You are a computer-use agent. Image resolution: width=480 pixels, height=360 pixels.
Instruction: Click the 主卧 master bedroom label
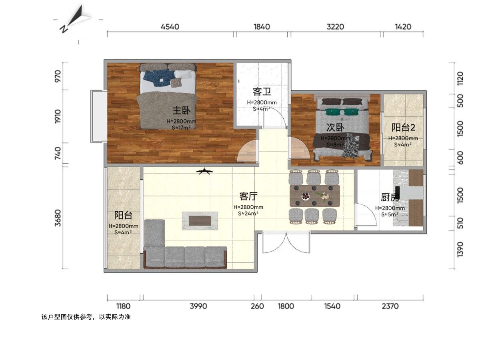[x=181, y=111]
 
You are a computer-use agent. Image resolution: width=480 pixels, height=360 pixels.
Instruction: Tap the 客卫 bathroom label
[x=262, y=92]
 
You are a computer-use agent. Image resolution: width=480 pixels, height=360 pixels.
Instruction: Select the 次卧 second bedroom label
[x=335, y=128]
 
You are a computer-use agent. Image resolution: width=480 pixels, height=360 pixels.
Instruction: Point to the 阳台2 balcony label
[x=403, y=128]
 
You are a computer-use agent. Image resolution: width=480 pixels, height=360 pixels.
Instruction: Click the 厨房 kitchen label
[x=390, y=197]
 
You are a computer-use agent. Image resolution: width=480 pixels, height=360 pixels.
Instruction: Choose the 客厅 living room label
[x=248, y=196]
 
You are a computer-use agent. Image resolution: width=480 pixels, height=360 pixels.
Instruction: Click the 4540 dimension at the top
[x=170, y=27]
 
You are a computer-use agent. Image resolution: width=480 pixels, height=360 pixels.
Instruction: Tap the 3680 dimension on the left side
[x=58, y=218]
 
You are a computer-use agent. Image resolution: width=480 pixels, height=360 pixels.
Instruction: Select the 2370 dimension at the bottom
[x=390, y=306]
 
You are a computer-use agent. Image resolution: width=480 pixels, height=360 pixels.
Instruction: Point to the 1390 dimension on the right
[x=460, y=249]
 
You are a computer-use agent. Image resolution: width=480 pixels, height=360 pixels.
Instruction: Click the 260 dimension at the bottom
[x=257, y=306]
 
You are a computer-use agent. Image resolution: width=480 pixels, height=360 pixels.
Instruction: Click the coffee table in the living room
[x=200, y=220]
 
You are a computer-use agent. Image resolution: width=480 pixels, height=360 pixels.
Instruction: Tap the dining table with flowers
[x=314, y=196]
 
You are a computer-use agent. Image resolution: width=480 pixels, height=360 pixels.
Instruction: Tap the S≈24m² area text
[x=248, y=214]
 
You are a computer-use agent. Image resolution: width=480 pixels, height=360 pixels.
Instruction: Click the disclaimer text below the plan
[x=86, y=317]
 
